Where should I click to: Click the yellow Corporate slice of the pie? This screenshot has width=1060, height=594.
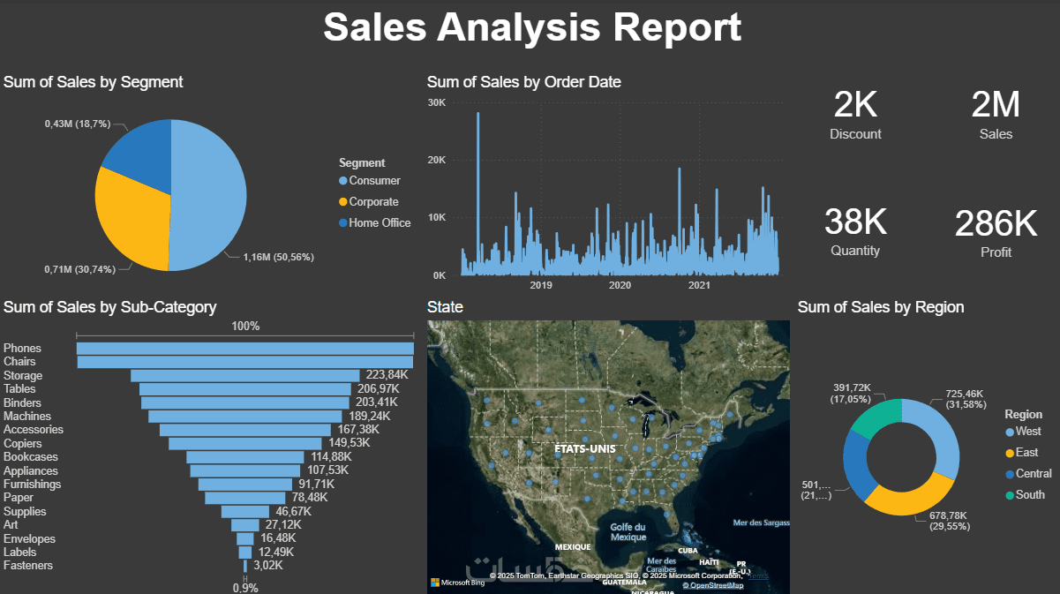pyautogui.click(x=131, y=221)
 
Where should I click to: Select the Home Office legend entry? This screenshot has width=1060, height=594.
pyautogui.click(x=380, y=223)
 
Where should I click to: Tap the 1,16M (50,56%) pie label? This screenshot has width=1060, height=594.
pyautogui.click(x=278, y=257)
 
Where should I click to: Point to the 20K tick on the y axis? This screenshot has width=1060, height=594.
pyautogui.click(x=437, y=160)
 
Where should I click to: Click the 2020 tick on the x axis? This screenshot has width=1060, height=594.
pyautogui.click(x=620, y=285)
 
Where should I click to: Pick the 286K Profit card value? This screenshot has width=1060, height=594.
pyautogui.click(x=996, y=223)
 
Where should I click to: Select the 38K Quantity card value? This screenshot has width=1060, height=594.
pyautogui.click(x=855, y=221)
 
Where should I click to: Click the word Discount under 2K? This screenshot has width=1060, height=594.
pyautogui.click(x=855, y=134)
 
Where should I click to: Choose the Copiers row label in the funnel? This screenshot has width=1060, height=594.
pyautogui.click(x=22, y=443)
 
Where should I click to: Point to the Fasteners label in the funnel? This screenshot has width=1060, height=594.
pyautogui.click(x=28, y=566)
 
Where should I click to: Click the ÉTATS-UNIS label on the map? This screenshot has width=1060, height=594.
pyautogui.click(x=583, y=448)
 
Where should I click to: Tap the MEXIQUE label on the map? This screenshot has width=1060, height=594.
pyautogui.click(x=573, y=547)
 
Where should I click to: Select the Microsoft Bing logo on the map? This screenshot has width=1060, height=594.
pyautogui.click(x=457, y=583)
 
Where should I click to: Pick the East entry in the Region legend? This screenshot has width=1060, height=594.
pyautogui.click(x=1026, y=453)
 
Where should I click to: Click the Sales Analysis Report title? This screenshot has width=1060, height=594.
pyautogui.click(x=531, y=26)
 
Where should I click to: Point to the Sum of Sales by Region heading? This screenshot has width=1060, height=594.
pyautogui.click(x=880, y=307)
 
